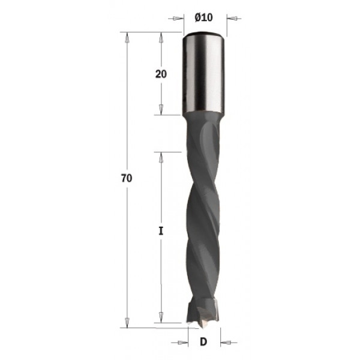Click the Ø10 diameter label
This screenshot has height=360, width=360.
pos(204,17)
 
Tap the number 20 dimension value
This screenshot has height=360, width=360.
pos(161,74)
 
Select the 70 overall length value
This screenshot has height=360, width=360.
pos(126,178)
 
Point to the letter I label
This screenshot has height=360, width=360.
pos(161,230)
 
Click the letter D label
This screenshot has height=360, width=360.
pos(203,343)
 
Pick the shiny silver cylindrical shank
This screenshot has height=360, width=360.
pos(204,72)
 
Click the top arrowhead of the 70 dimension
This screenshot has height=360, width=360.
pos(127,36)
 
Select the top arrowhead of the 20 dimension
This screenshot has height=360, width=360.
pos(161,36)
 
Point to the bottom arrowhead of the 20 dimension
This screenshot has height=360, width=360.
pos(161,111)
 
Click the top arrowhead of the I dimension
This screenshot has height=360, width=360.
pos(161,155)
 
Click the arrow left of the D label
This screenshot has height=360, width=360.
pos(182,343)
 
